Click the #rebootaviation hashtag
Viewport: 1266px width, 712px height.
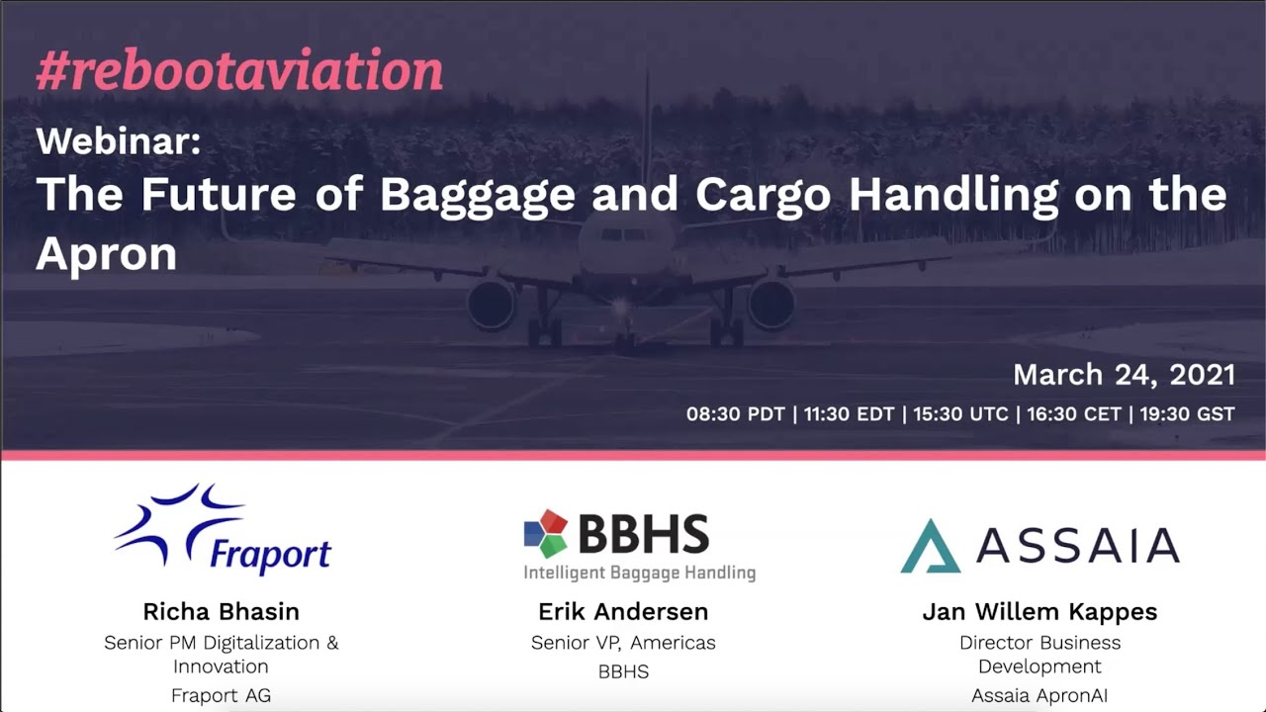coord(239,71)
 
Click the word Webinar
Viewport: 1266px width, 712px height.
coord(119,141)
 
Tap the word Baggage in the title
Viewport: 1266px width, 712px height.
coord(477,194)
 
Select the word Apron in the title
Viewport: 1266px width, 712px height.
coord(107,254)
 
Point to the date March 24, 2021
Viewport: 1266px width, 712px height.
coord(1124,375)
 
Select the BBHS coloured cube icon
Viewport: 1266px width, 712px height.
coord(546,534)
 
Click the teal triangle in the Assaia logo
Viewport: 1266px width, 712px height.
coord(930,546)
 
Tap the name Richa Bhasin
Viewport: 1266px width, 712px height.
coord(221,611)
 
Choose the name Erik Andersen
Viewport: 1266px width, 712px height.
coord(623,611)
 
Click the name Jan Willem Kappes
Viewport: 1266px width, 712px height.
coord(1040,611)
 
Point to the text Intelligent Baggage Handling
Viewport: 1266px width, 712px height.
coord(639,573)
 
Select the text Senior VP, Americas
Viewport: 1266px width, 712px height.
coord(623,643)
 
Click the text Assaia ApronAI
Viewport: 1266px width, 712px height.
coord(1040,695)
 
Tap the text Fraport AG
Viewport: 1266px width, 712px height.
coord(221,695)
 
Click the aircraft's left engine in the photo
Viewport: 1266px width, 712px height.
coord(492,303)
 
